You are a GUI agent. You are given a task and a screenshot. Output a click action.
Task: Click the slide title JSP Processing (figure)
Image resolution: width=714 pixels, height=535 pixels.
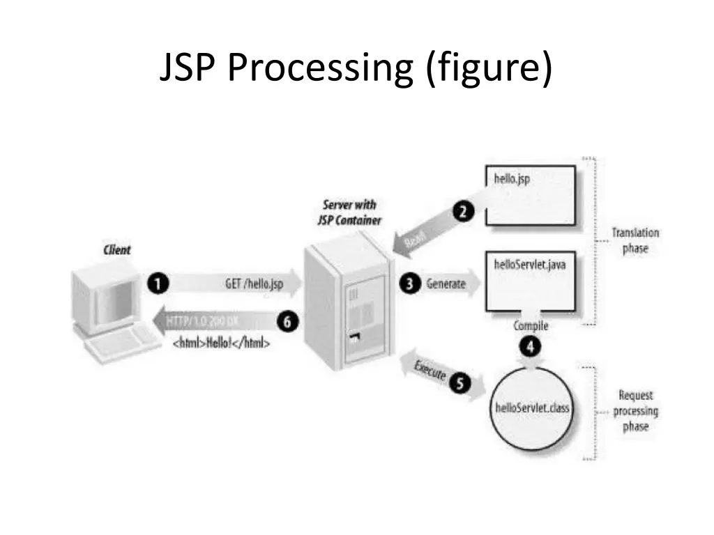pos(356,69)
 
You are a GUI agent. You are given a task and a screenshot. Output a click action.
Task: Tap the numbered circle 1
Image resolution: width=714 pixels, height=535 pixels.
pos(158,284)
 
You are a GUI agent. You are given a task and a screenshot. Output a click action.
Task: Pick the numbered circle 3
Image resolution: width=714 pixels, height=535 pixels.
pos(410,284)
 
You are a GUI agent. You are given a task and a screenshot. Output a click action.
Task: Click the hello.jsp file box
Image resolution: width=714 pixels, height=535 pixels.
pos(531,195)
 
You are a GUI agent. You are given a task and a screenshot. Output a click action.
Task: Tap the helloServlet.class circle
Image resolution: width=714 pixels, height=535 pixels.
pos(532,408)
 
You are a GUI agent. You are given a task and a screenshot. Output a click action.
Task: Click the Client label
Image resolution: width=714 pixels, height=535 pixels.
pos(116,249)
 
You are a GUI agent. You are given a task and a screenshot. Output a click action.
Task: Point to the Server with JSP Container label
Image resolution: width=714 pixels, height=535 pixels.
pos(349,212)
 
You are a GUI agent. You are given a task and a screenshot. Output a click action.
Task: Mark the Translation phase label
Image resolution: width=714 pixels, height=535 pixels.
pos(635,240)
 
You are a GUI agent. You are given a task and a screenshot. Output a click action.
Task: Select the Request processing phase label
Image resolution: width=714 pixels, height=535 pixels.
pos(635,410)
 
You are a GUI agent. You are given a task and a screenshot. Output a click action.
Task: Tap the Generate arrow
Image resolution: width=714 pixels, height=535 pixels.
pos(450,284)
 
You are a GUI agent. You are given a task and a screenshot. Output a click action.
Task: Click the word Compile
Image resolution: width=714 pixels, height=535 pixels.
pos(531,326)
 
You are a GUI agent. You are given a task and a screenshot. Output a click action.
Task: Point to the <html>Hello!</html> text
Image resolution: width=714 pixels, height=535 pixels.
pos(221,343)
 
